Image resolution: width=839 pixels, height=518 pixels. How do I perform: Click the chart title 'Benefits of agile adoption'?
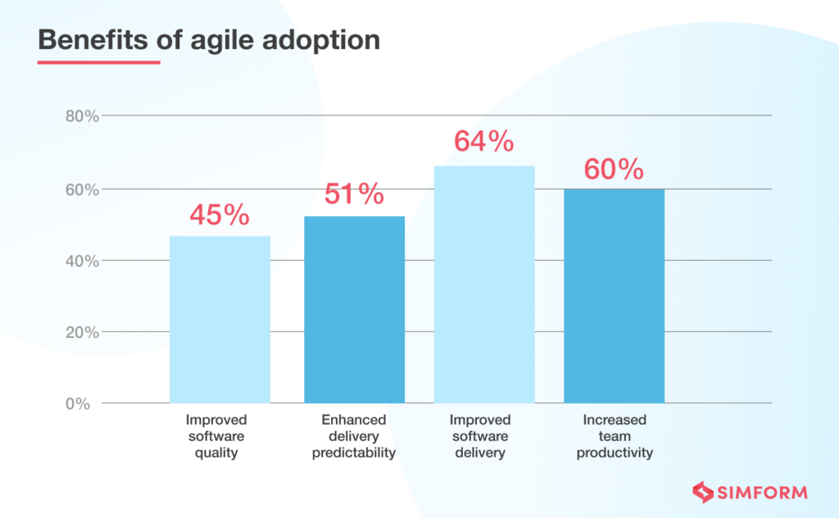209,40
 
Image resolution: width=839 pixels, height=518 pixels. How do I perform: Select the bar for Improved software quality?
220,319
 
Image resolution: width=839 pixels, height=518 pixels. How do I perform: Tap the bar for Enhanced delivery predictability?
354,309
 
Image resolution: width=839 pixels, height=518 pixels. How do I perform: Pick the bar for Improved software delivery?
484,284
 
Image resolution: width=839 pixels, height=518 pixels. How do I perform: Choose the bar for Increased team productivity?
614,295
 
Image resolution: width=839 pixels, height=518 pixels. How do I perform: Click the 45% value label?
220,215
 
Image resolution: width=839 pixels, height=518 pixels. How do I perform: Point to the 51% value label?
354,195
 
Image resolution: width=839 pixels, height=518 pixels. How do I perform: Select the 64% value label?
484,142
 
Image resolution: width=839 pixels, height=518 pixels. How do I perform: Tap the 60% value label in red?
614,169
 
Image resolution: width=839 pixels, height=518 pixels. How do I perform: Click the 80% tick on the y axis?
82,116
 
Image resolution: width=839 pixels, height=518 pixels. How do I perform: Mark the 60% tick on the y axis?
82,189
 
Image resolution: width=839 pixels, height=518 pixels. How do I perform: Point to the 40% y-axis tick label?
82,261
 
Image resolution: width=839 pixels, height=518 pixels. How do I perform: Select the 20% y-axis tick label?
82,332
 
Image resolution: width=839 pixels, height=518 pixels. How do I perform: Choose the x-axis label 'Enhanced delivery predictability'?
354,436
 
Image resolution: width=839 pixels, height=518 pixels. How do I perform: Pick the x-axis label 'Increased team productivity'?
615,436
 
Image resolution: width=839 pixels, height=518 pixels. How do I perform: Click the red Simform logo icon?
703,492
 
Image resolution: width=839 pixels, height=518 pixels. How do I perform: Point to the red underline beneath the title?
98,62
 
